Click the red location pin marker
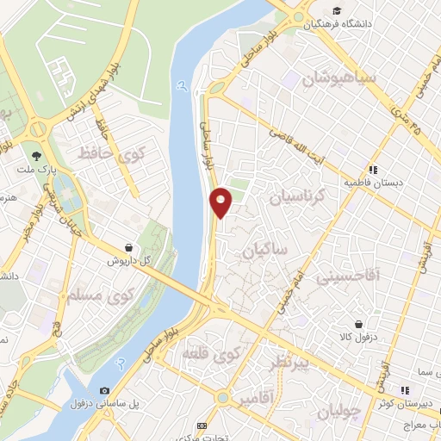point(221,202)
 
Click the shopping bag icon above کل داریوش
point(128,247)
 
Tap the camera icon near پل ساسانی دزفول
point(105,390)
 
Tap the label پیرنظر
point(287,362)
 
